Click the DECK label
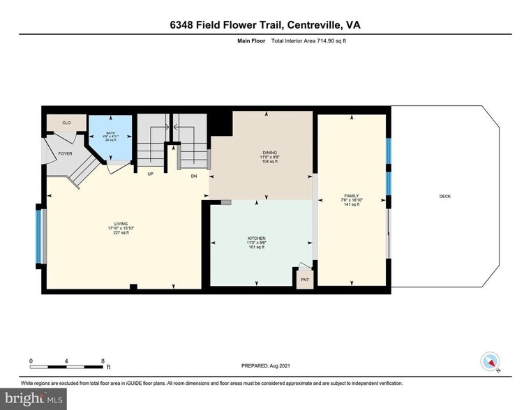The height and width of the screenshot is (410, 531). point(444,197)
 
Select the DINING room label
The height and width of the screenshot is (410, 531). point(269,152)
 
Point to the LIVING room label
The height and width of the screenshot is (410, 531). point(121,224)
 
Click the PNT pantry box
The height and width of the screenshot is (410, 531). point(304,279)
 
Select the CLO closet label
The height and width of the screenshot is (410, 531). point(66,123)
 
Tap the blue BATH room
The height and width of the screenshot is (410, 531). point(109,137)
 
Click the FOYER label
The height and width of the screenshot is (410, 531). point(65,153)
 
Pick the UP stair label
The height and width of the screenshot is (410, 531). point(150,174)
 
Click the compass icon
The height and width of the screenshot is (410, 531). point(491,362)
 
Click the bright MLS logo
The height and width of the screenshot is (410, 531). point(34,400)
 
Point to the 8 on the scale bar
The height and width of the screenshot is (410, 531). point(103,361)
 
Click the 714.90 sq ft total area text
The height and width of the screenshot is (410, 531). point(327,41)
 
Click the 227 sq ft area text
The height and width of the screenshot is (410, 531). point(121,233)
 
